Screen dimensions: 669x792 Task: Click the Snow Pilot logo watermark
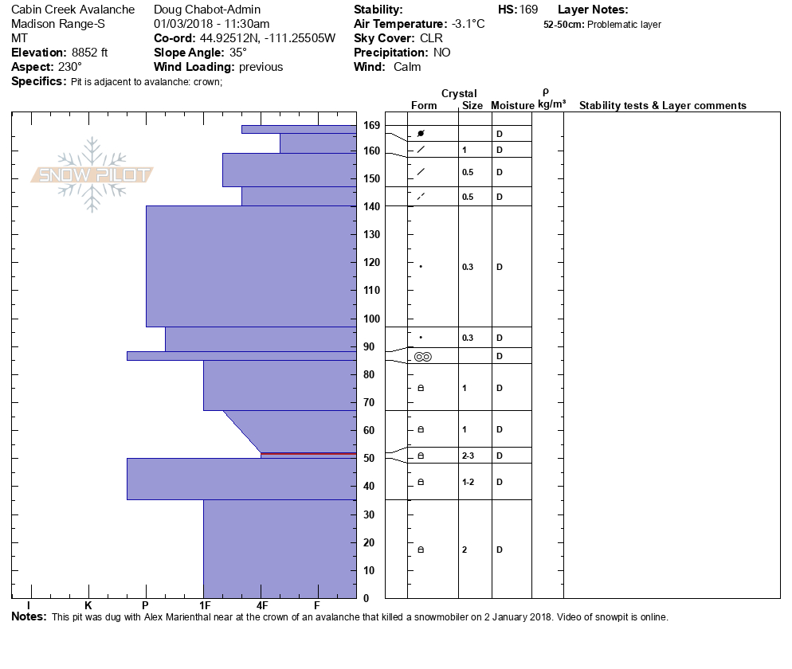point(92,174)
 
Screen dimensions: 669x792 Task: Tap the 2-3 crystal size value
point(469,456)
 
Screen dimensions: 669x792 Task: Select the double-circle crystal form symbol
point(422,357)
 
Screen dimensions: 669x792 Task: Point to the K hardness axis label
point(88,606)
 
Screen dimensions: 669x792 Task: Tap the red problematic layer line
point(308,454)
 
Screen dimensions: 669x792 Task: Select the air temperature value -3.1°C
point(468,24)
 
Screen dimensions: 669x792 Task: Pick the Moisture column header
point(512,106)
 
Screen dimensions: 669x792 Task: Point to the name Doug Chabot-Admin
point(206,10)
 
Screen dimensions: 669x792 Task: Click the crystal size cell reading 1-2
point(469,482)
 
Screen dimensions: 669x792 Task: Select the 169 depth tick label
point(372,125)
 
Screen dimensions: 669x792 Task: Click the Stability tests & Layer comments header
point(662,106)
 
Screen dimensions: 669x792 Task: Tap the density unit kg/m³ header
point(551,104)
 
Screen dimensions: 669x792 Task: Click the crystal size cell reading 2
point(465,550)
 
